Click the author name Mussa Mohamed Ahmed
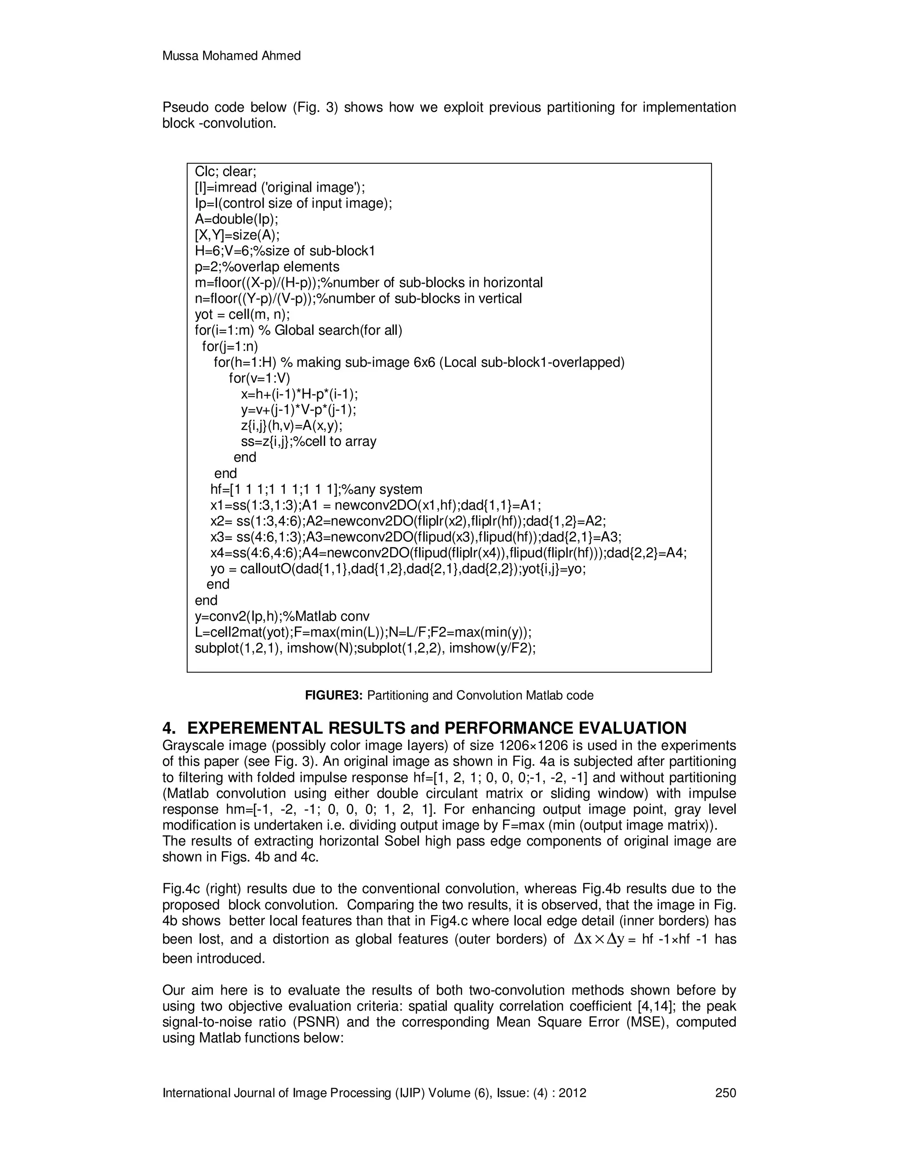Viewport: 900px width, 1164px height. coord(232,56)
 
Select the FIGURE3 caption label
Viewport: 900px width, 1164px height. coord(334,695)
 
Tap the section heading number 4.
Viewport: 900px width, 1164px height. coord(168,728)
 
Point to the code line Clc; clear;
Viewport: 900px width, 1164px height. coord(225,172)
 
